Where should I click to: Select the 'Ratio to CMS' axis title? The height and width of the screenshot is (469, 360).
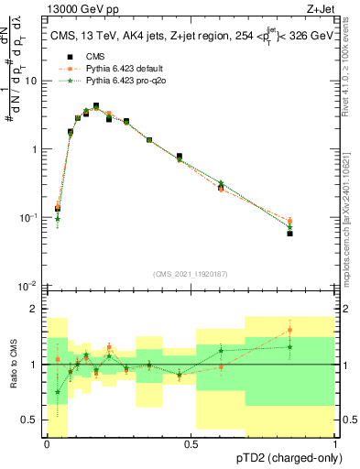click(x=13, y=365)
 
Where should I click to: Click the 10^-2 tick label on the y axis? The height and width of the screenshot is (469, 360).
click(x=28, y=286)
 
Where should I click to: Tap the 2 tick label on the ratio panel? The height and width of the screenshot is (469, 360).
click(x=36, y=309)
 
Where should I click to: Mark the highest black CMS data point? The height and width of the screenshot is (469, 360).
click(x=96, y=106)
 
